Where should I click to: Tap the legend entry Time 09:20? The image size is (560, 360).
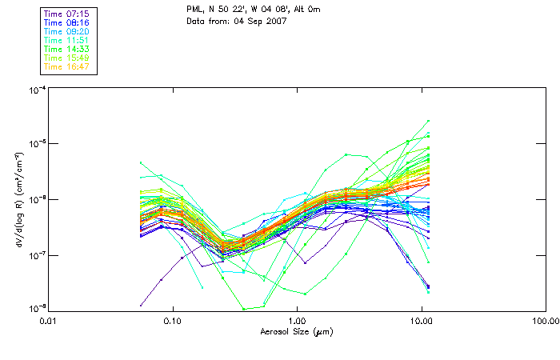tap(66, 32)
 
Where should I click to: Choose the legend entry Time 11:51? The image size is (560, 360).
tap(66, 41)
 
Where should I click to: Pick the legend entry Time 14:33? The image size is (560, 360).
tap(66, 50)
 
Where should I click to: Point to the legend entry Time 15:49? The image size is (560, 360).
tap(66, 58)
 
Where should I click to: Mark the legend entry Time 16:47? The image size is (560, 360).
tap(66, 66)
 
